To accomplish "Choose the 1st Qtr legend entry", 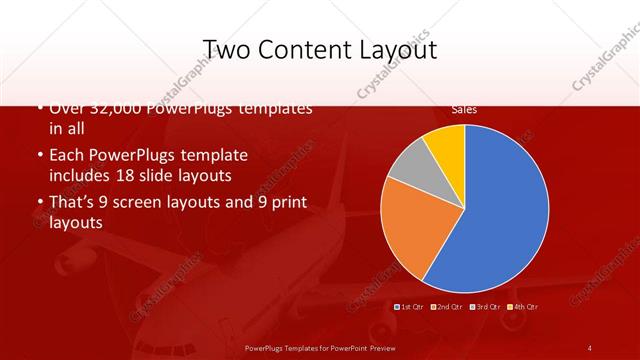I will pos(411,307).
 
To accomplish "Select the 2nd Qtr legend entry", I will pos(447,307).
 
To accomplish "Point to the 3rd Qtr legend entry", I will pos(485,307).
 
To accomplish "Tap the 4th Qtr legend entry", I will pos(523,307).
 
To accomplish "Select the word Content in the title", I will pos(314,49).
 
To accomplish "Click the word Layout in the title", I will pos(400,49).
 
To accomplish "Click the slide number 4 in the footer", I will pos(590,348).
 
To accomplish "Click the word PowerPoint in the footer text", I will pos(345,348).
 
